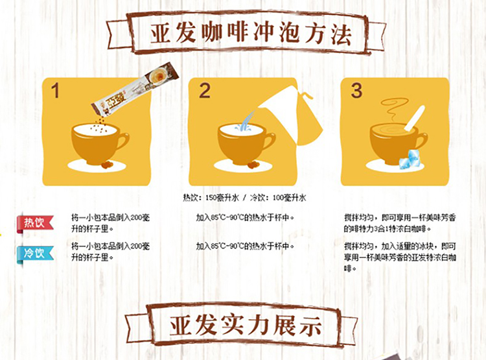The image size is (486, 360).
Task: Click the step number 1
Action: (56, 91)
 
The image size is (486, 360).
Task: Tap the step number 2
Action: (205, 91)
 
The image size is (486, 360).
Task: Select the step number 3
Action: (356, 91)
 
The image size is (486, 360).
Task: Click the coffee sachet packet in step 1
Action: (135, 89)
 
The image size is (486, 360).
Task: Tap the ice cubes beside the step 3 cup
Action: (409, 159)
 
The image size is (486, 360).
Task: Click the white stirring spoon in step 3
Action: (415, 118)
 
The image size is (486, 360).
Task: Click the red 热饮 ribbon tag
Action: (35, 223)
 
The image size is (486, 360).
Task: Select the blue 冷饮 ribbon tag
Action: (35, 254)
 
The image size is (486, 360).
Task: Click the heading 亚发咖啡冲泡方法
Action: (251, 34)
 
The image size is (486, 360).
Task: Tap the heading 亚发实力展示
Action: (245, 326)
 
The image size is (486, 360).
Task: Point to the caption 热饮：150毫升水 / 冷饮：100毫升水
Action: (244, 198)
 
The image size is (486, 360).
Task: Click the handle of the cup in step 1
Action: (122, 141)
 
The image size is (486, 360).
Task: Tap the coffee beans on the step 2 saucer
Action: (253, 165)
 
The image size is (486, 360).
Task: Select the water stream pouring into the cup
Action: (246, 122)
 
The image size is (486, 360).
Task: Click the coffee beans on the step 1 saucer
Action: (107, 165)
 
